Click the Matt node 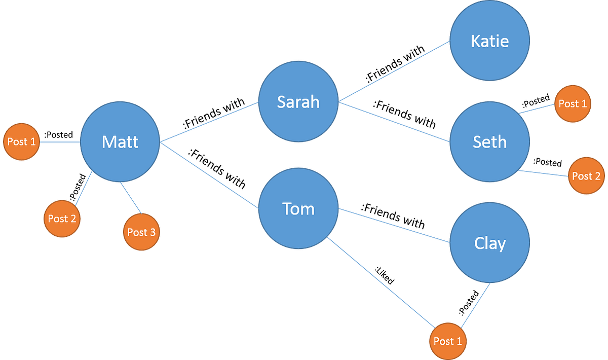tap(120, 141)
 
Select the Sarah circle tap(298, 101)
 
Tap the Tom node tap(298, 208)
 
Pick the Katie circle tap(489, 41)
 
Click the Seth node tap(489, 141)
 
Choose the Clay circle tap(489, 243)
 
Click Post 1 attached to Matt tap(21, 141)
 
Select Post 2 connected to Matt tap(62, 219)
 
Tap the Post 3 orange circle tap(141, 232)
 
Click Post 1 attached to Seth tap(572, 103)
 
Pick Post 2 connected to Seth tap(586, 176)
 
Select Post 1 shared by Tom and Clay tap(447, 341)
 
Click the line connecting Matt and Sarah tap(209, 122)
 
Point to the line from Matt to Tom tap(209, 175)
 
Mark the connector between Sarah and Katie tap(394, 71)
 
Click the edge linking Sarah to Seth tap(394, 122)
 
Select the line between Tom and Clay tap(394, 225)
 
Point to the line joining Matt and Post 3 tap(131, 198)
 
